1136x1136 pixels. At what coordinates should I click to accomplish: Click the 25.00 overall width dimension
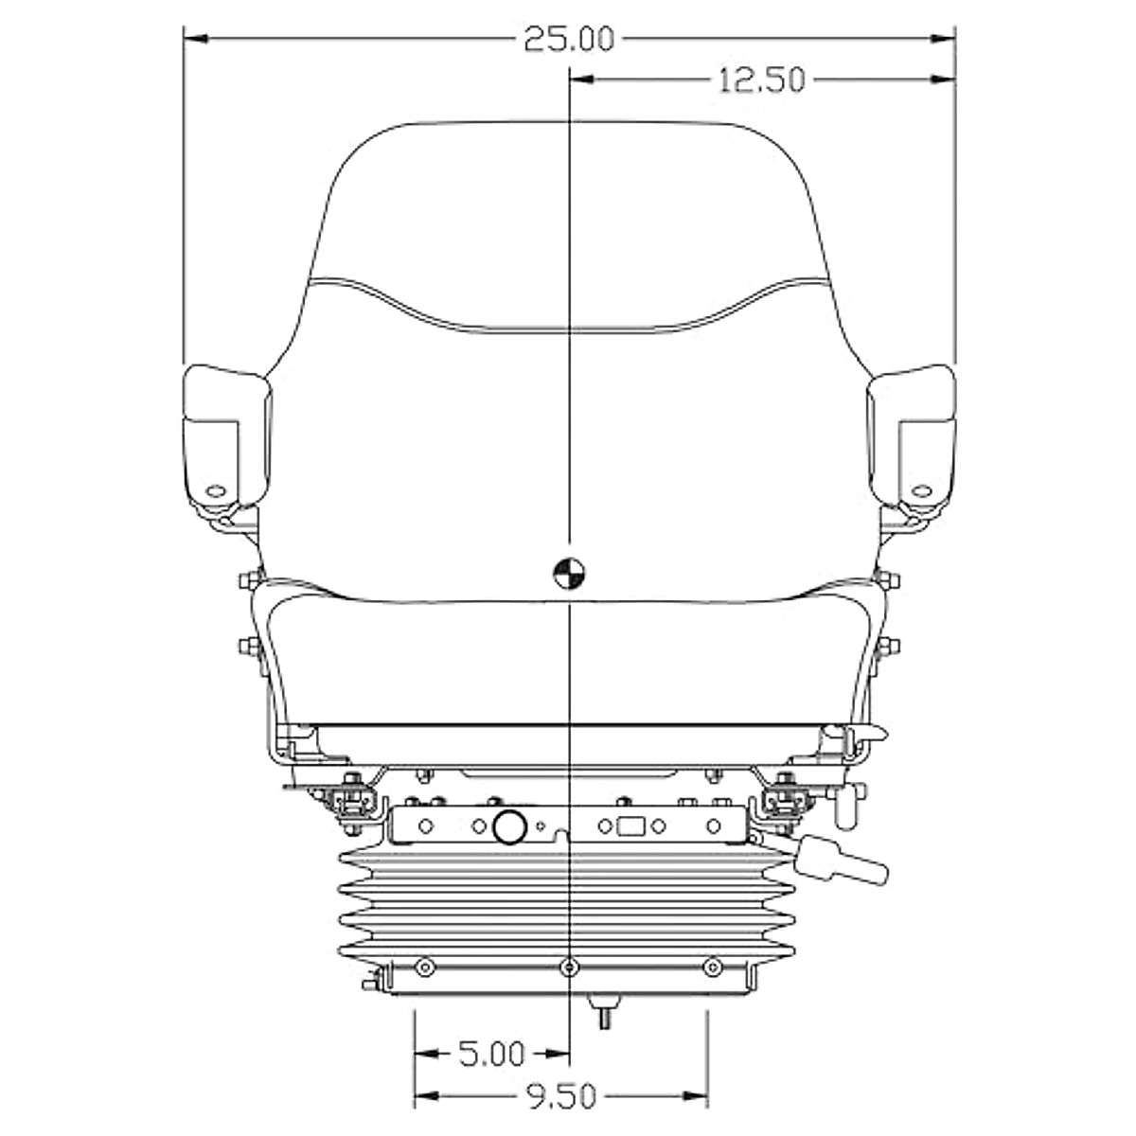[x=569, y=40]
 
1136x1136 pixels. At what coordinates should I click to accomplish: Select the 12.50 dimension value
[x=762, y=80]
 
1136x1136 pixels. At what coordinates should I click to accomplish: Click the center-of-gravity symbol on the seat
[x=569, y=572]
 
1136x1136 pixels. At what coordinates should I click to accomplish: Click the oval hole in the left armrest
[x=217, y=490]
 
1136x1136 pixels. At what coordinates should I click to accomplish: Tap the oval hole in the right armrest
[x=921, y=490]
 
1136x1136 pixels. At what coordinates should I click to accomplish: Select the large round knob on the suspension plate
[x=509, y=826]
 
